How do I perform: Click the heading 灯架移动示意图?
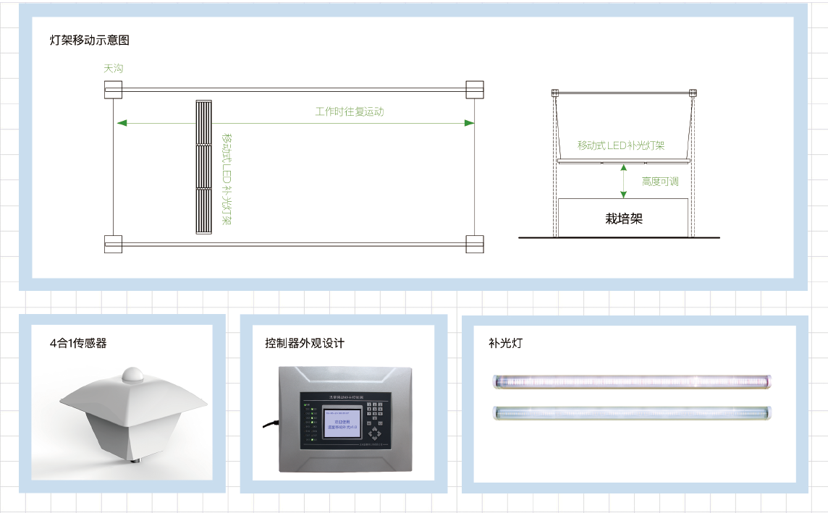(x=90, y=41)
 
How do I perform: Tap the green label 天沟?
(x=114, y=69)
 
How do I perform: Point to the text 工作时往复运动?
(x=350, y=111)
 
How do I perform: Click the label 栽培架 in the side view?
(x=623, y=218)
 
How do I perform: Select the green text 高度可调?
(x=660, y=182)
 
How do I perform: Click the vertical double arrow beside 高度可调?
(x=623, y=181)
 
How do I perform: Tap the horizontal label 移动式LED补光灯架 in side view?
(x=621, y=145)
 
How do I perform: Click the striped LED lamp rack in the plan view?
(x=206, y=166)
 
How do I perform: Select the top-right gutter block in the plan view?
(x=474, y=90)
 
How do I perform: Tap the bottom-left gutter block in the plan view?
(x=113, y=245)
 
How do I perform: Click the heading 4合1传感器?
(x=78, y=343)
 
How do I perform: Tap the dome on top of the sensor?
(x=133, y=374)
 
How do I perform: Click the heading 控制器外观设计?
(x=305, y=343)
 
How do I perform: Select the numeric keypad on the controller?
(x=377, y=412)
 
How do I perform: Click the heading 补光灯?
(x=505, y=343)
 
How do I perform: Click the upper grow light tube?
(x=632, y=381)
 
